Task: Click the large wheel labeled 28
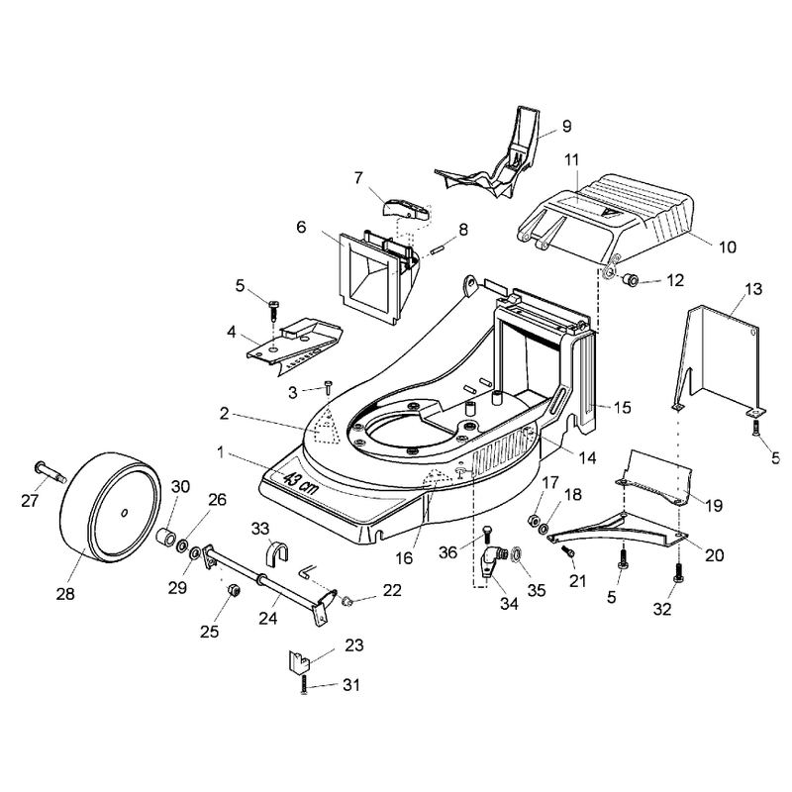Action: [110, 506]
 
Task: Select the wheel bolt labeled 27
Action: [50, 471]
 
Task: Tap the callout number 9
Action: [566, 126]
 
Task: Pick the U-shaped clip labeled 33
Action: [276, 551]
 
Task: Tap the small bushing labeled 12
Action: [629, 278]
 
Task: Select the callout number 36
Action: [447, 552]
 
